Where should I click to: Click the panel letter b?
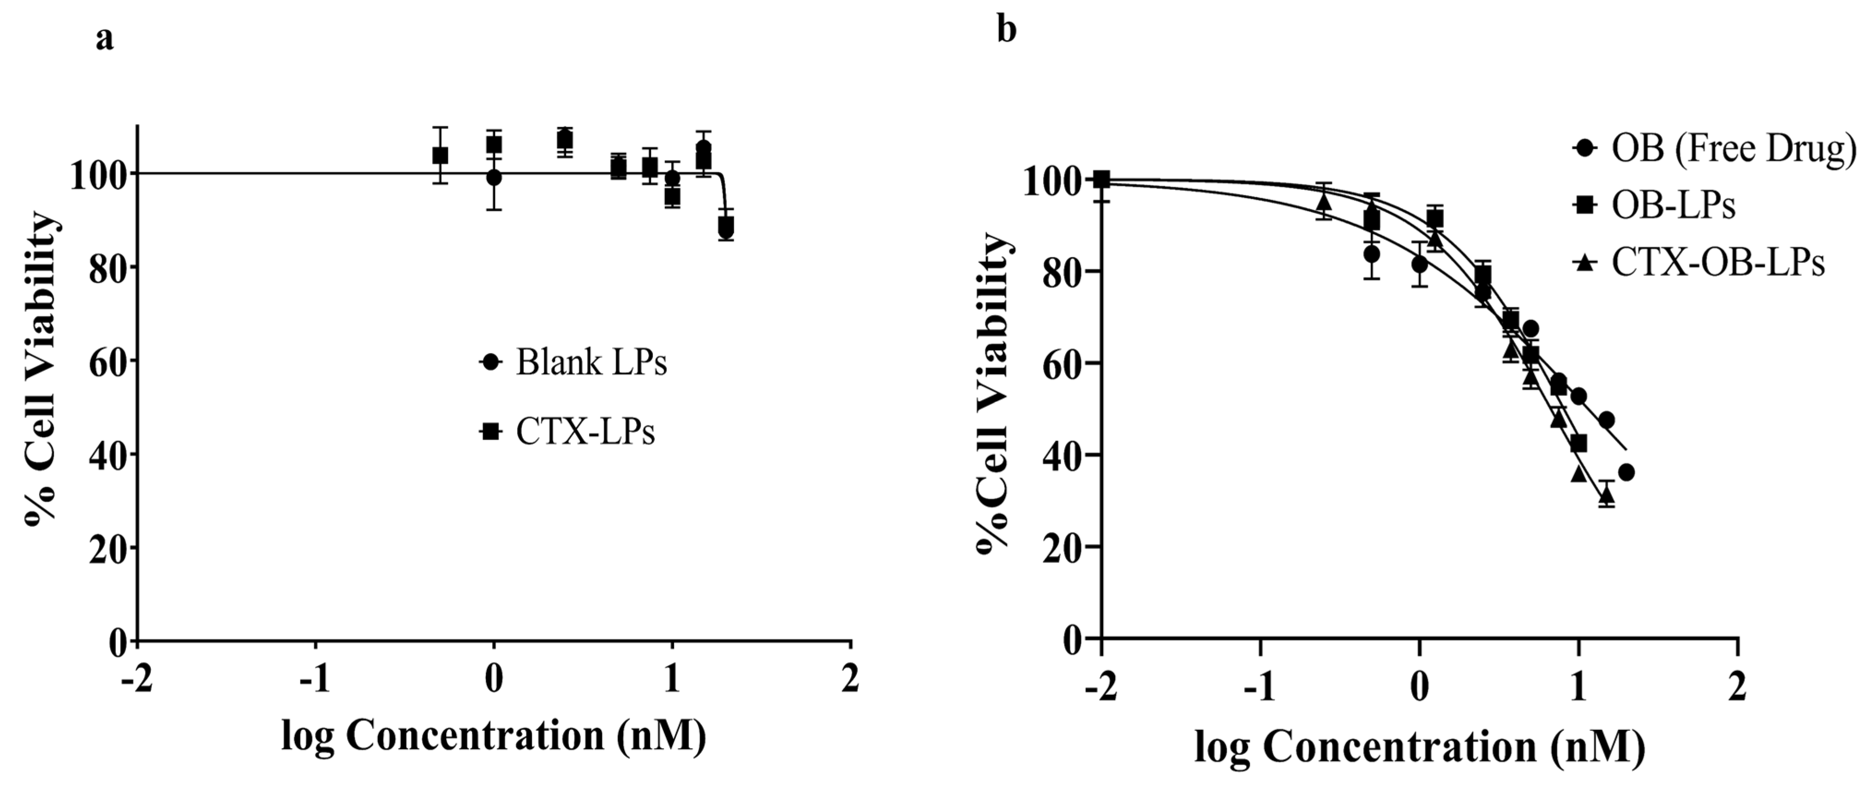pos(1007,30)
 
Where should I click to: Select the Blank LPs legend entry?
pos(573,362)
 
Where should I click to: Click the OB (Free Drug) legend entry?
pos(1715,149)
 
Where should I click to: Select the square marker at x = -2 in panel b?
pos(1102,179)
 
